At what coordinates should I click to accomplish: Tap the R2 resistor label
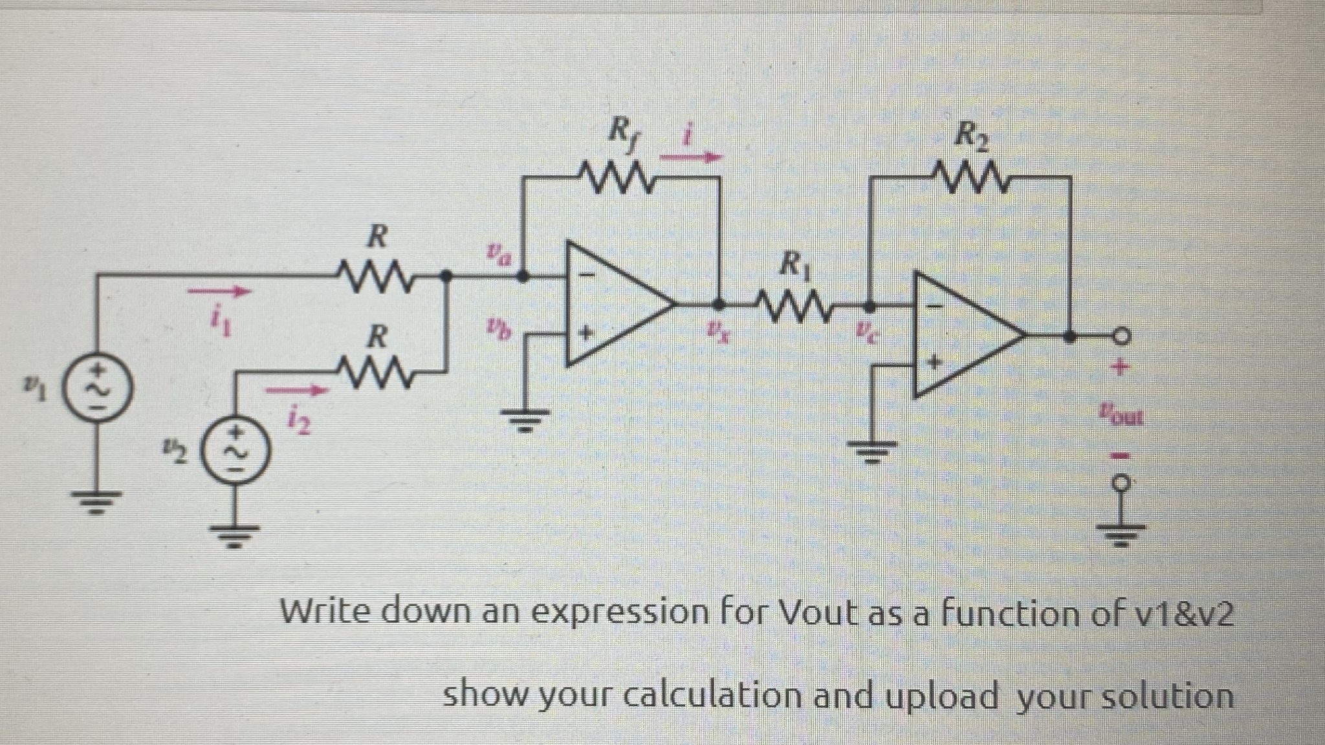970,137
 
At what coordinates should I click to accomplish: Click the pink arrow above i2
295,390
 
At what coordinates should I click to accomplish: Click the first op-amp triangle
615,304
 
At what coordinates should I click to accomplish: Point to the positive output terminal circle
1123,337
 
